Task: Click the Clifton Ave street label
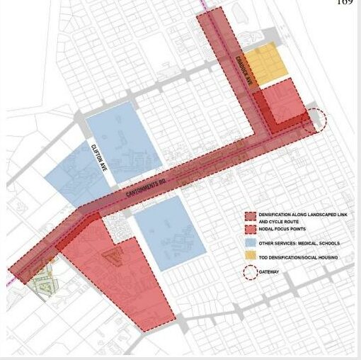98,157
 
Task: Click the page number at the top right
345,4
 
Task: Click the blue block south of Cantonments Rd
170,234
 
